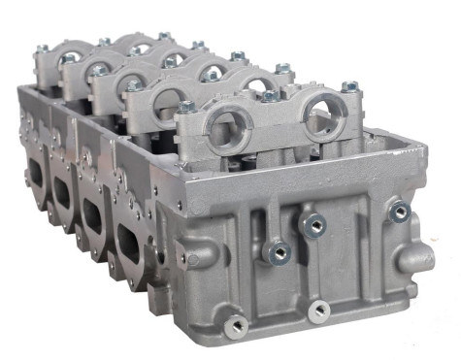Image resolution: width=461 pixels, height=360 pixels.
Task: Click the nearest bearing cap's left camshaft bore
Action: (228, 129)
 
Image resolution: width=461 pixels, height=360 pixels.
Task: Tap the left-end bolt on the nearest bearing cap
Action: (186, 108)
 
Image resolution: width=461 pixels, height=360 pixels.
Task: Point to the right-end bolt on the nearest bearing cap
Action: (349, 87)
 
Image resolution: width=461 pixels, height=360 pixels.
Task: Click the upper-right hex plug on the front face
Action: (398, 211)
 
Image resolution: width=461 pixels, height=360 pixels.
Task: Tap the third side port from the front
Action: (63, 191)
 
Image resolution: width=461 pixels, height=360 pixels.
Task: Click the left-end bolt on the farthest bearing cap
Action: (43, 49)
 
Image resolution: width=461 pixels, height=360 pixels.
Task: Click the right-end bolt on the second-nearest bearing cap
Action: (282, 69)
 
